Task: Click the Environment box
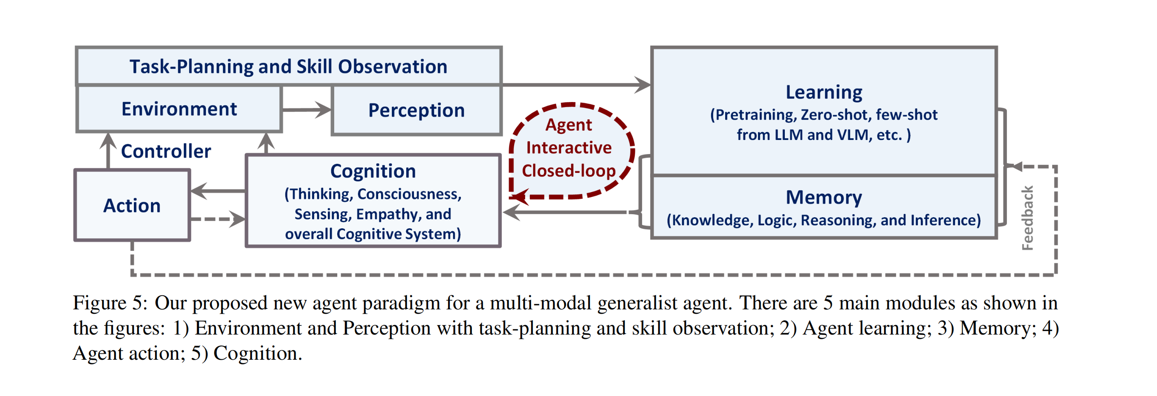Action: click(179, 109)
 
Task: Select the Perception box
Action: click(417, 110)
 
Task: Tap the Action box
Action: click(132, 205)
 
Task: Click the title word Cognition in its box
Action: click(373, 171)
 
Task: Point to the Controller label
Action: click(166, 151)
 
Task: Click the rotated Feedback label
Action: click(1027, 218)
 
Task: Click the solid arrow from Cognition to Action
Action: click(218, 191)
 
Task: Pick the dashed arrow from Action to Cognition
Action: click(218, 219)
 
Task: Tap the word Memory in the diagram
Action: click(824, 197)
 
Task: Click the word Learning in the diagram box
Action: click(824, 92)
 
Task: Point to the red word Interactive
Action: click(569, 147)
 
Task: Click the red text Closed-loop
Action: click(569, 171)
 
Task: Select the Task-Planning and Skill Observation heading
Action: click(288, 67)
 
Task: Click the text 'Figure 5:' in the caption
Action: click(110, 303)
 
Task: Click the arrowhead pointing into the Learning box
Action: click(642, 84)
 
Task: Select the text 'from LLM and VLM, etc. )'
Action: click(824, 135)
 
